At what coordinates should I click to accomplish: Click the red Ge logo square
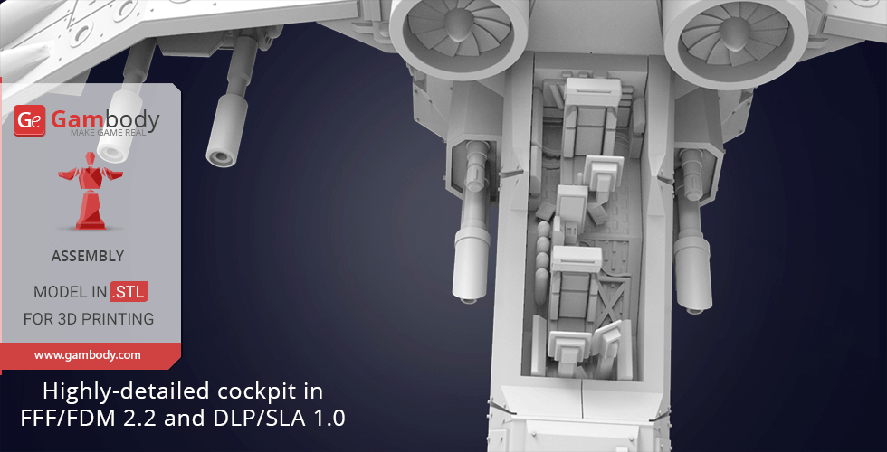29,120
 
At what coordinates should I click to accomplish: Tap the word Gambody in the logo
105,119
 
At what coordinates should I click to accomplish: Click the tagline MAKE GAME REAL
109,132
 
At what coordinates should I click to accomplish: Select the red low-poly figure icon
90,191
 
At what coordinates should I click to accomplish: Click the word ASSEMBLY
88,256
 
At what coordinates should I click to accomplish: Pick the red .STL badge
129,292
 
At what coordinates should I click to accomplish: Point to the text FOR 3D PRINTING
89,318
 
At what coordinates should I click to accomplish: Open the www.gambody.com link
87,355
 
